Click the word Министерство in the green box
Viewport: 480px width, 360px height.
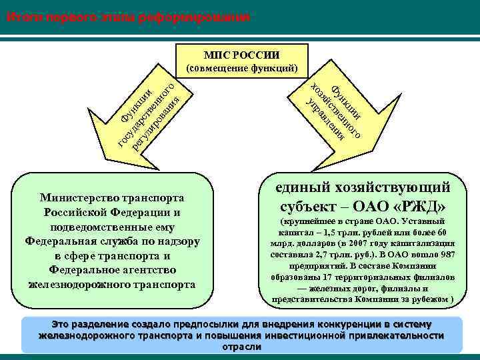point(77,198)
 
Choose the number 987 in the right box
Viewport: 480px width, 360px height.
point(447,254)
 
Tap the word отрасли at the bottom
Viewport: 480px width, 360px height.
point(241,347)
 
